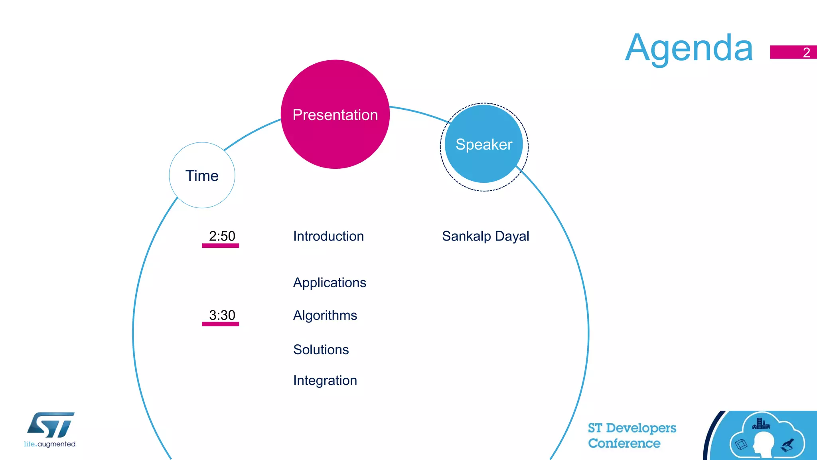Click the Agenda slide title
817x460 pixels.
point(689,48)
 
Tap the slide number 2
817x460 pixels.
point(806,53)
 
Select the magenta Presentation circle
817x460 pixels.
point(335,115)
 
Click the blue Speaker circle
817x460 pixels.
point(484,144)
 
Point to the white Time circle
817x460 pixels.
point(202,176)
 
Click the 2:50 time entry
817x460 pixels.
point(222,236)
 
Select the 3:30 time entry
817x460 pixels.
point(222,315)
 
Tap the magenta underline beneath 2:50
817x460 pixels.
point(220,246)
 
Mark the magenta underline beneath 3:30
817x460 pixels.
point(220,324)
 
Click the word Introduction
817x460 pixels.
point(328,236)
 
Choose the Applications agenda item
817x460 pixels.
point(330,282)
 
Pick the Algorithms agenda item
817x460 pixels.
point(325,316)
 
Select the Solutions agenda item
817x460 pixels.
point(321,349)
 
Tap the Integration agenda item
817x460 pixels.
point(325,381)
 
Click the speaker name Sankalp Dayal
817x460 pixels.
point(485,236)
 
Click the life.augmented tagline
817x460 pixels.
point(49,444)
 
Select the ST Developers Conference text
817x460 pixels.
point(632,435)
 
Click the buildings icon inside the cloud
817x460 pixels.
point(761,424)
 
